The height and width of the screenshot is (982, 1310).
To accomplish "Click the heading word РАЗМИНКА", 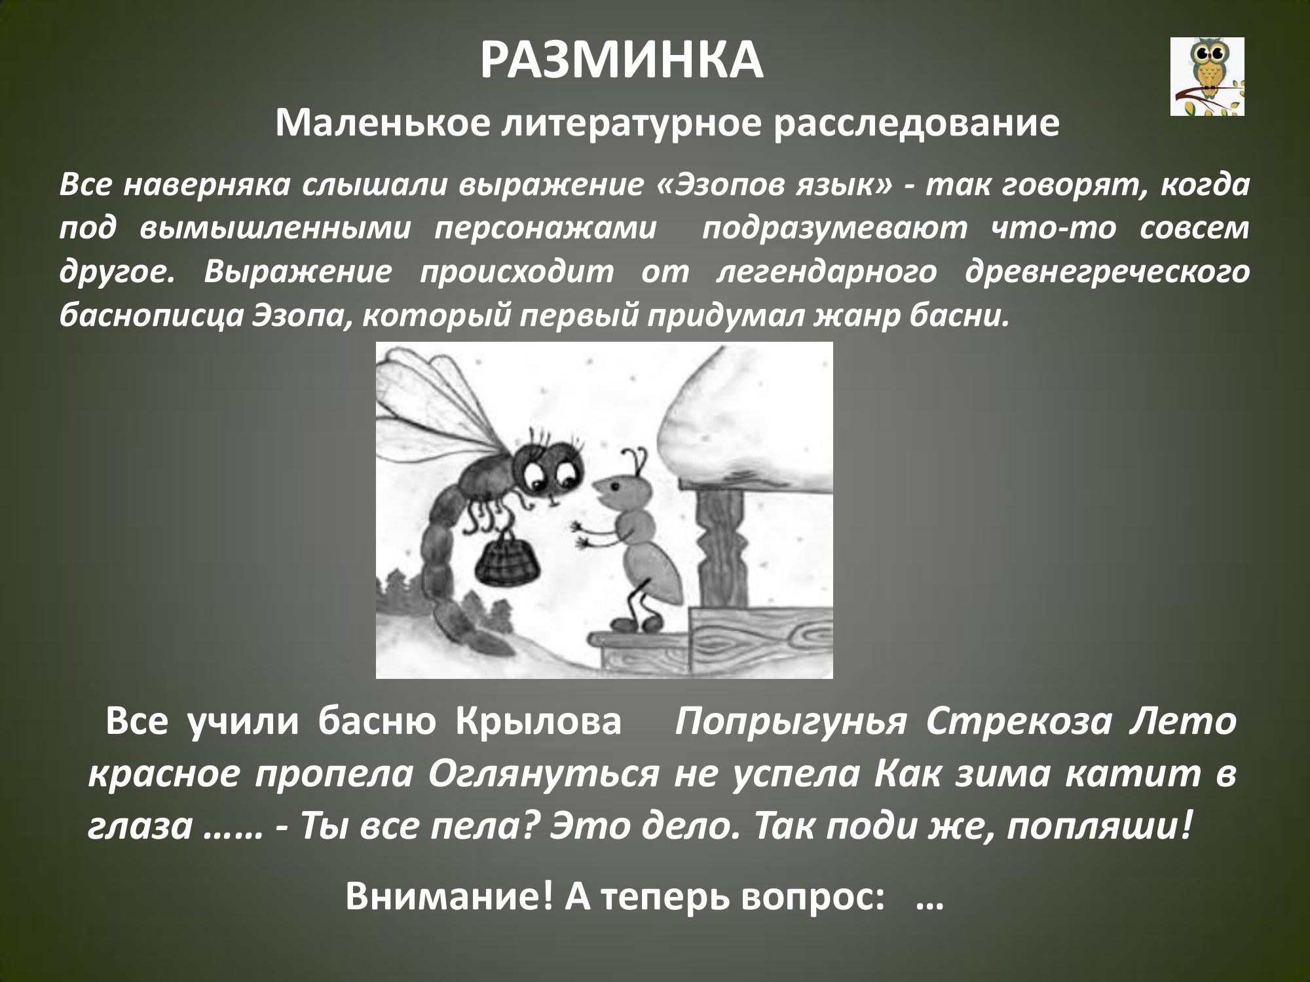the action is coord(622,61).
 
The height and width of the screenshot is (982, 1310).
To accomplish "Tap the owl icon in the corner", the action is coord(1207,77).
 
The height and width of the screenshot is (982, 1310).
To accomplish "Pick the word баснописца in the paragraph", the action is coord(150,318).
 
